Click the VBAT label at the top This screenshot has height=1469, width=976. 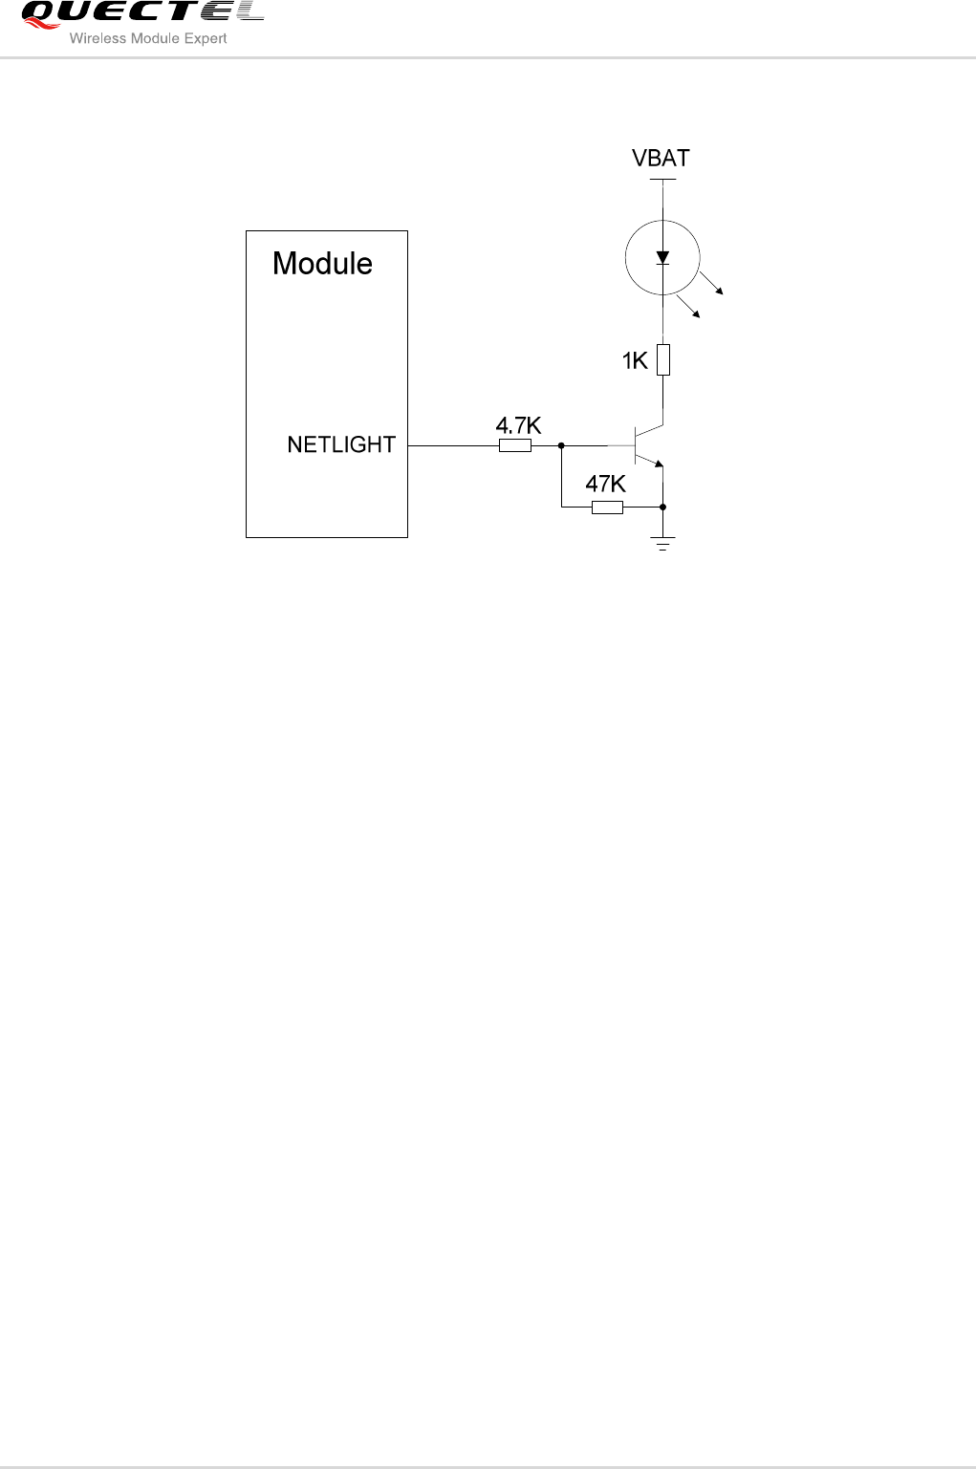pos(661,159)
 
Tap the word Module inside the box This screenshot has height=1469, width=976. pos(322,264)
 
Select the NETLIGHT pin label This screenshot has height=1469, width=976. pos(341,444)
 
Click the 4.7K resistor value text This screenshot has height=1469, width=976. pos(518,425)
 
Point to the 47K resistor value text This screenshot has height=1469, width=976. pos(605,485)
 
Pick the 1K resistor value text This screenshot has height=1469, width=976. pos(635,360)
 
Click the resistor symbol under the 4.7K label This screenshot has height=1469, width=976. pos(515,445)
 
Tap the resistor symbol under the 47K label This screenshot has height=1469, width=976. pos(607,508)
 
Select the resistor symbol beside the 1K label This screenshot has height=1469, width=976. pos(663,359)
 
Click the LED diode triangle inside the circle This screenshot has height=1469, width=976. pos(662,257)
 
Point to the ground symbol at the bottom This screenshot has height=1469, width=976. pos(662,545)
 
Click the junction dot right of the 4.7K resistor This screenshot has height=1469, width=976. pos(561,445)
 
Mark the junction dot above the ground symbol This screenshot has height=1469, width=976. pos(662,508)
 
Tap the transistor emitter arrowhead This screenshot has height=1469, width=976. pos(658,463)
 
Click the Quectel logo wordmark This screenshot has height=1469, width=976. pos(141,12)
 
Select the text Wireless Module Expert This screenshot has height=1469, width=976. pos(148,39)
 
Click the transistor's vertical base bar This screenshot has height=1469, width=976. pos(637,445)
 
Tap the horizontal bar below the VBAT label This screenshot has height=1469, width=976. pos(662,179)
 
